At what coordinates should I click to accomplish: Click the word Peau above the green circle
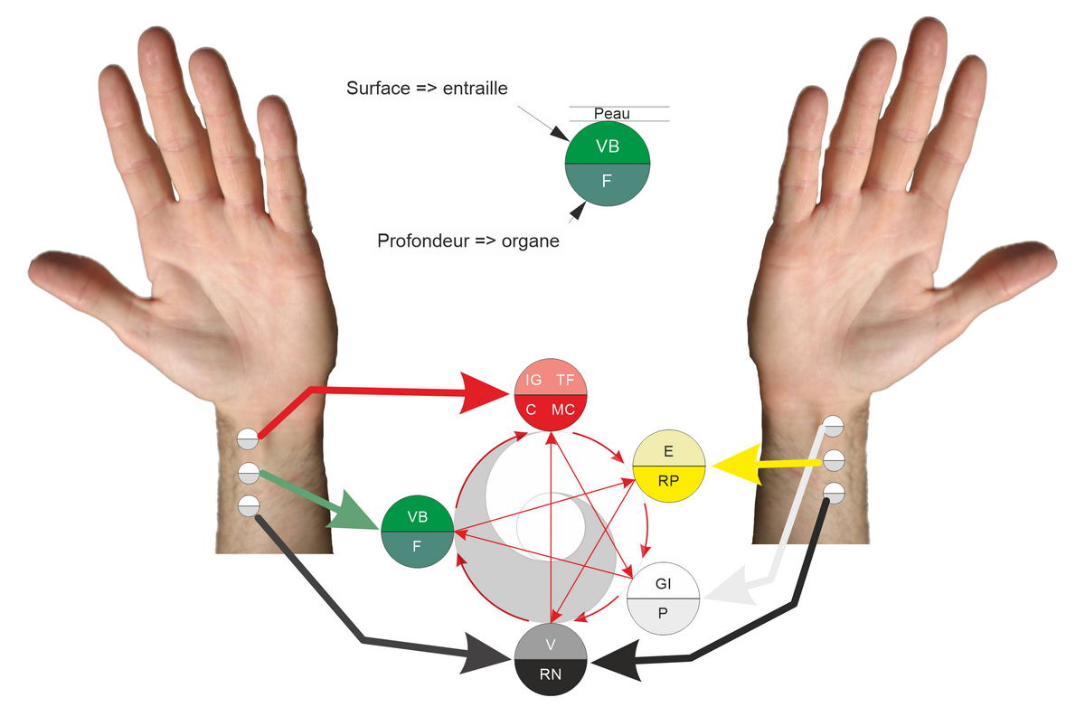point(612,114)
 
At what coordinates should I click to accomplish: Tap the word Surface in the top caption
point(378,88)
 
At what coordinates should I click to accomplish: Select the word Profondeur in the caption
point(423,240)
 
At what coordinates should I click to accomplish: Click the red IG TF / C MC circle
point(551,395)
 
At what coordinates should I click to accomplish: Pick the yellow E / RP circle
point(668,466)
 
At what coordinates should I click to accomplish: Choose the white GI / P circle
point(663,598)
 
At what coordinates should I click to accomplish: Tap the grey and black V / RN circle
point(551,659)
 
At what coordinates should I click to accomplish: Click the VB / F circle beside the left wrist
point(417,532)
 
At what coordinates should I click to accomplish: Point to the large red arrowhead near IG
point(485,392)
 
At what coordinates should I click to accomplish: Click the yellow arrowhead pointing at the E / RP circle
point(736,465)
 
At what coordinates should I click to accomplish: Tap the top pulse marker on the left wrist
point(248,438)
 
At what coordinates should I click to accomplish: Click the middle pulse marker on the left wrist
point(249,473)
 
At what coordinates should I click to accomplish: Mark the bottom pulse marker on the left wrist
point(249,505)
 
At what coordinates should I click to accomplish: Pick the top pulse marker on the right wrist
point(833,426)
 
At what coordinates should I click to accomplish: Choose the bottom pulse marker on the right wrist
point(834,493)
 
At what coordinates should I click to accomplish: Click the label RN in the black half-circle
point(551,674)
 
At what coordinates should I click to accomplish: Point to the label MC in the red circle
point(562,410)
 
